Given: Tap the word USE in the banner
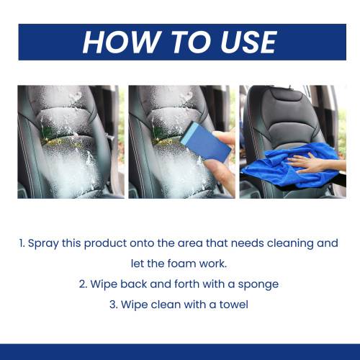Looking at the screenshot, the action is (248, 42).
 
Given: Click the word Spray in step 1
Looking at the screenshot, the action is (43, 244).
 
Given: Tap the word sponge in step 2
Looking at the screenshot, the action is (258, 285).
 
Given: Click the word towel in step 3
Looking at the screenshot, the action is (234, 305).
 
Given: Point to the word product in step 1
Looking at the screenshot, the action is (105, 244).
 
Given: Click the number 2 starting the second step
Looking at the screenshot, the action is (83, 284).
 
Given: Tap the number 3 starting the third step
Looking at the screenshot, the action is (113, 305).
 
